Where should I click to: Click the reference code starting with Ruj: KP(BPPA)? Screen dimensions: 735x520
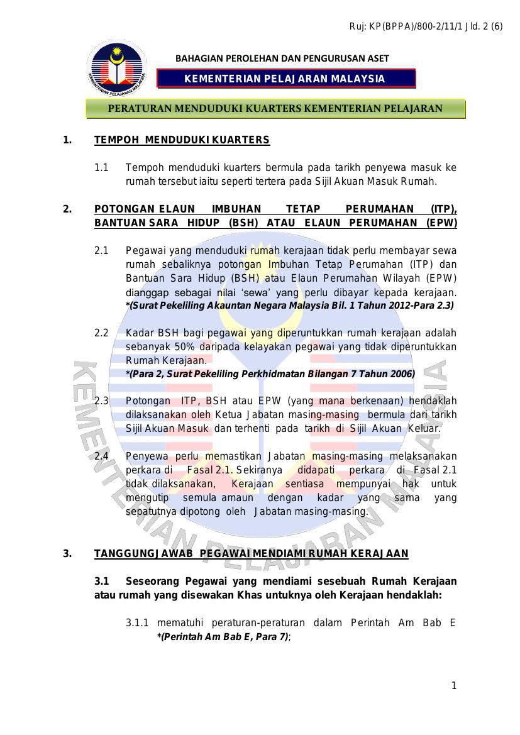(x=426, y=26)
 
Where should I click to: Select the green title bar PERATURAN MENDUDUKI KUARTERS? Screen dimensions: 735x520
(x=275, y=108)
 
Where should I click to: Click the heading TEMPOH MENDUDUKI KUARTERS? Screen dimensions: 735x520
(x=182, y=140)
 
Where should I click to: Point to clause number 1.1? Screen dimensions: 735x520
(x=101, y=168)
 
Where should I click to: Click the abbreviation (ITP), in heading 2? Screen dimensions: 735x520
(x=443, y=209)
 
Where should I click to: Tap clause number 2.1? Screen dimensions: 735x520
(x=101, y=250)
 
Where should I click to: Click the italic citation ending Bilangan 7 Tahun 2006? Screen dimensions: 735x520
(x=270, y=373)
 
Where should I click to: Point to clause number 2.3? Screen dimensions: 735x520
(x=101, y=401)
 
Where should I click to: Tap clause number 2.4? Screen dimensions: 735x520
(x=101, y=456)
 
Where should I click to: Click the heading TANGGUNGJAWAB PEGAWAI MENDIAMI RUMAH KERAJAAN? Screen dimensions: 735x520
(x=251, y=553)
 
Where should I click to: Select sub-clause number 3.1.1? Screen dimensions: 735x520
(x=137, y=623)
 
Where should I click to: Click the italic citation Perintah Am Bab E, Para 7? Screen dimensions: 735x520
(x=223, y=637)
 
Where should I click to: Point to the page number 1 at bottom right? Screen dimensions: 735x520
(x=454, y=685)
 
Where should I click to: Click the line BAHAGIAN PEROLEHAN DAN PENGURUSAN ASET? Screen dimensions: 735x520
(x=282, y=58)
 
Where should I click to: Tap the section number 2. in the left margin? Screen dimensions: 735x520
(x=67, y=209)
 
